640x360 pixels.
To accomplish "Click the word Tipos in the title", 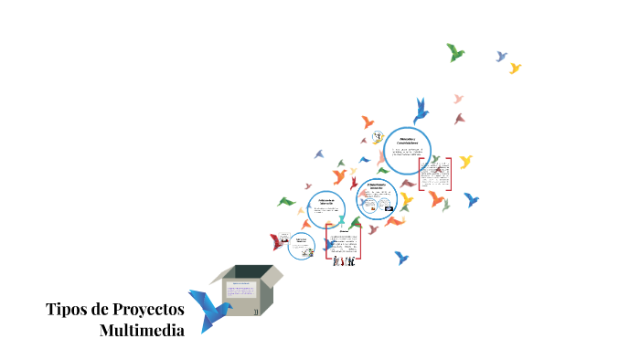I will [x=67, y=309].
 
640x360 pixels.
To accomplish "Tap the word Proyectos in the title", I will [x=146, y=310].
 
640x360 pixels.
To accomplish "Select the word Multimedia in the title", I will [x=141, y=330].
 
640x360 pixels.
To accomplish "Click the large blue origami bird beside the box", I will [x=208, y=308].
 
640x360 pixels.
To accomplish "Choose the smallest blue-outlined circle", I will [x=300, y=245].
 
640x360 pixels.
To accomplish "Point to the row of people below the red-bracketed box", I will [x=343, y=264].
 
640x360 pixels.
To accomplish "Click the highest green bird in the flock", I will [x=454, y=52].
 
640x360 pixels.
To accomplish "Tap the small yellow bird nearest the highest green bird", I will [x=515, y=68].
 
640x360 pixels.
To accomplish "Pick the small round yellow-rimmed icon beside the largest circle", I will [x=376, y=138].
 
